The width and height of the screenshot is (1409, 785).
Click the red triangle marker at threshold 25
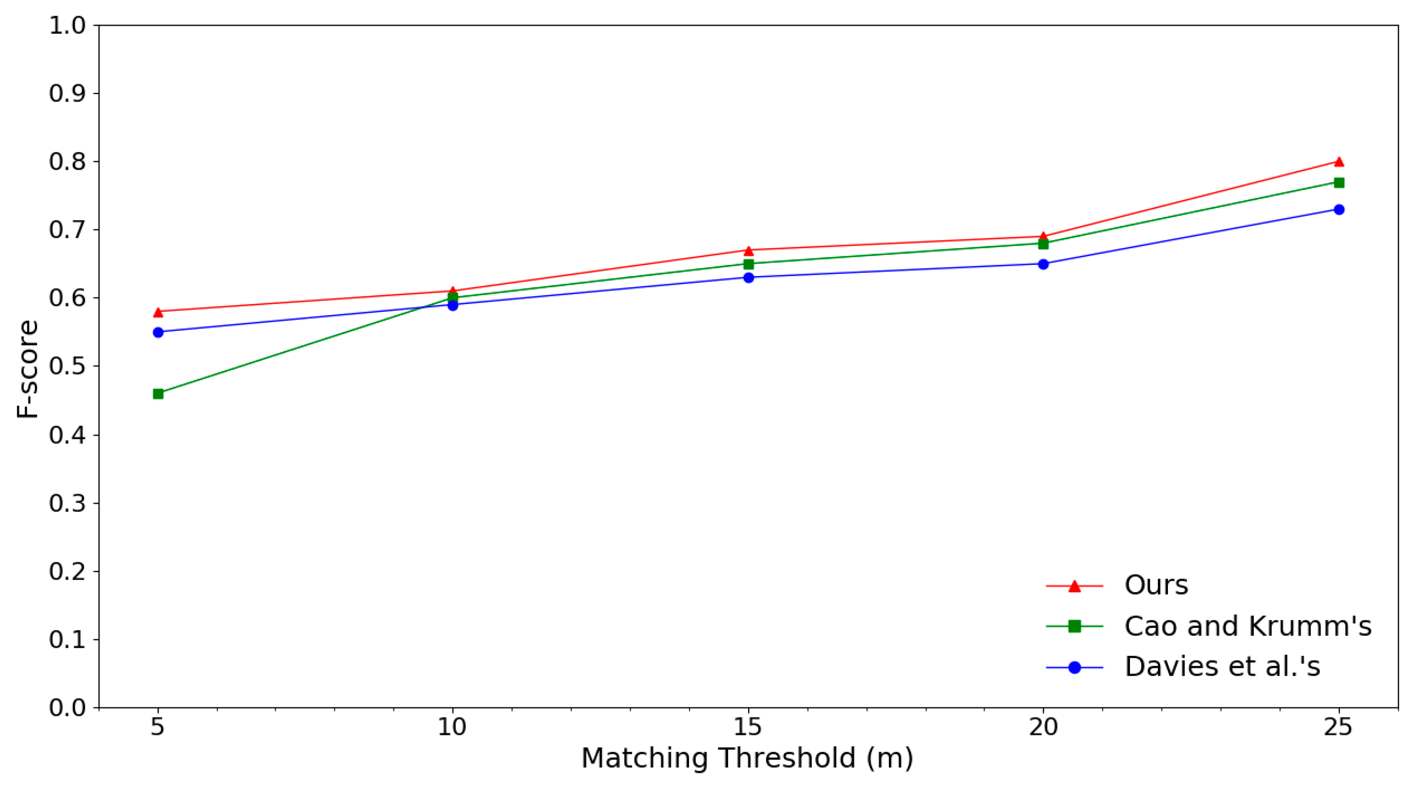click(1339, 161)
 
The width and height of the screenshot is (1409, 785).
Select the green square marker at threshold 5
click(158, 394)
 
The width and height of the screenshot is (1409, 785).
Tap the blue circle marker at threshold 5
click(158, 332)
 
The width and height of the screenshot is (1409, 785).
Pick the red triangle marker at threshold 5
click(158, 312)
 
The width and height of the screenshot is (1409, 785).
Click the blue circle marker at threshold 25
click(1339, 209)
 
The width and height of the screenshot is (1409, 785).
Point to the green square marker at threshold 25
click(1339, 182)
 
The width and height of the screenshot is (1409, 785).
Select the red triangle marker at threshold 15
click(748, 251)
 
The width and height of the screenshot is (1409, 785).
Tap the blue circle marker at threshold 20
click(1043, 264)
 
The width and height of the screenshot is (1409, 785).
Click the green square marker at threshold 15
click(748, 264)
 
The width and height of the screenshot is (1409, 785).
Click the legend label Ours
click(1156, 585)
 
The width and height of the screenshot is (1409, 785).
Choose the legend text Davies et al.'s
click(1222, 667)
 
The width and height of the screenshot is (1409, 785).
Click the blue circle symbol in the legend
click(1074, 667)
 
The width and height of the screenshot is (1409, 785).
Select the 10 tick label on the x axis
click(452, 727)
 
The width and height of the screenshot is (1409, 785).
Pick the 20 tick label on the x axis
click(1043, 727)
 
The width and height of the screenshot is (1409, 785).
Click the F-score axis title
click(27, 369)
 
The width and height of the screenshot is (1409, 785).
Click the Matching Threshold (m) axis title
click(747, 759)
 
